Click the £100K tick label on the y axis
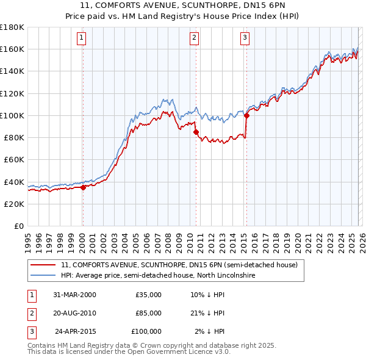coord(12,115)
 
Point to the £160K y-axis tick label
coord(12,49)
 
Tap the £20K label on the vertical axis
coord(13,204)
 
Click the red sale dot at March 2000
coord(84,187)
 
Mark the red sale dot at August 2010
coord(196,132)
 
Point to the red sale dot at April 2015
coord(246,115)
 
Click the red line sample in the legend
coord(43,265)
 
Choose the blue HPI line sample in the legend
coord(43,276)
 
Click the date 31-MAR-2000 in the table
coord(74,295)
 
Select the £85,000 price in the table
coord(148,313)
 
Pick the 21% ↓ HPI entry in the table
coord(207,313)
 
